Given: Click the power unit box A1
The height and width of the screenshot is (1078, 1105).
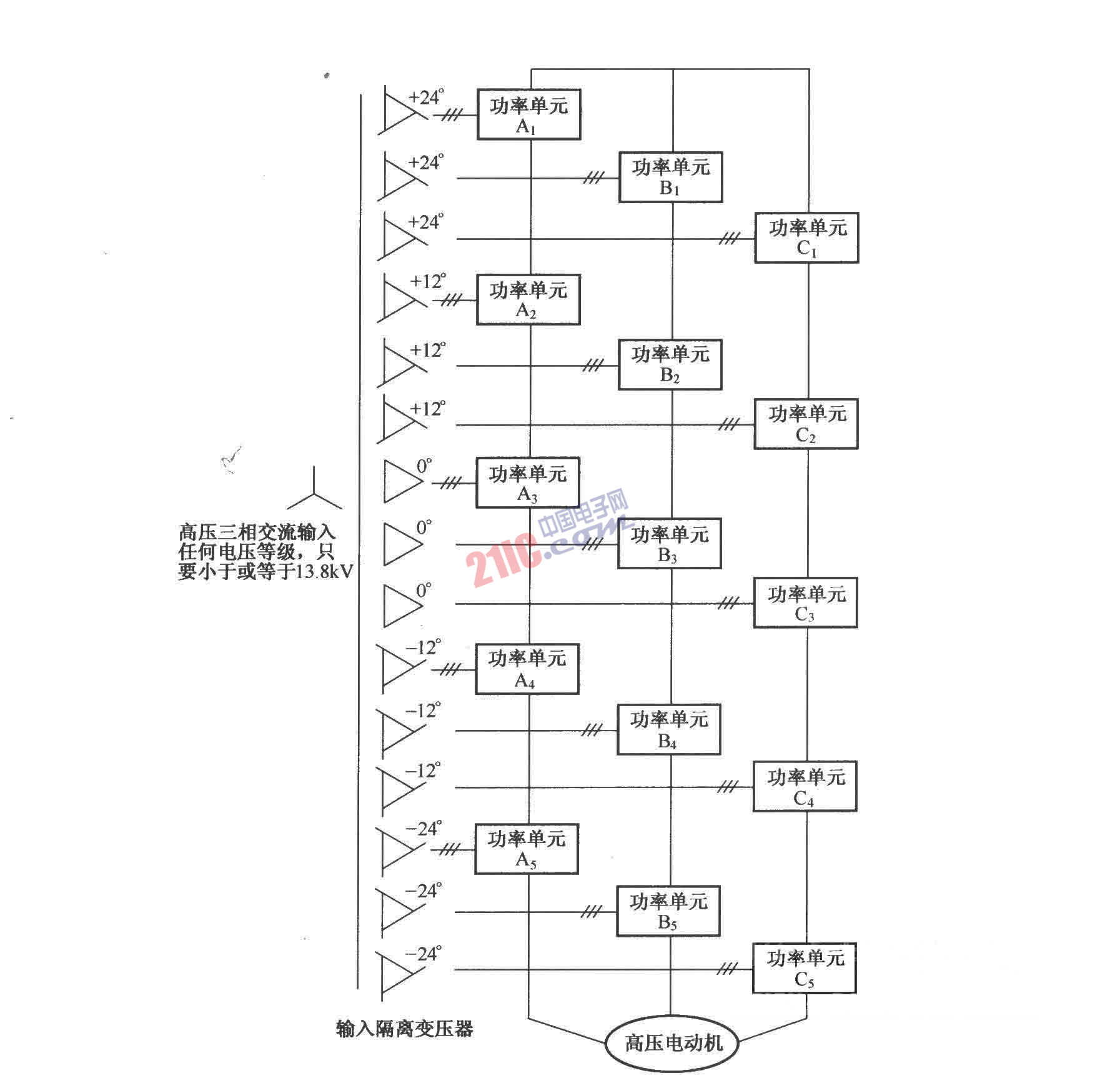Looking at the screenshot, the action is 529,114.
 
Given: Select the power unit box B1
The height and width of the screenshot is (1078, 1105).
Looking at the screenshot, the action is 670,177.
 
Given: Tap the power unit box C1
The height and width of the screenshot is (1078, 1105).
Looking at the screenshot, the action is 806,237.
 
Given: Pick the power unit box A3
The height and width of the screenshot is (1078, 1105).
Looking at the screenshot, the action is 528,482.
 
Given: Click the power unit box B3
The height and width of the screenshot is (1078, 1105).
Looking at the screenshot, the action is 669,543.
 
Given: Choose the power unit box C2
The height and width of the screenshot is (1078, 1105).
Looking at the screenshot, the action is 806,424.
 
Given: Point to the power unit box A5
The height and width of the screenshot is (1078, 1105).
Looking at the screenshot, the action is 527,849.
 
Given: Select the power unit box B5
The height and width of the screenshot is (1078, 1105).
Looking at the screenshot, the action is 668,911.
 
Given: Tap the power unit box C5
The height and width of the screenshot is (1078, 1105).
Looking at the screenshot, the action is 804,968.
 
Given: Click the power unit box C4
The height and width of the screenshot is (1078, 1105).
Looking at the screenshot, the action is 805,786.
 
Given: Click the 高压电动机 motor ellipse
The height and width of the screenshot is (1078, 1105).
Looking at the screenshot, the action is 672,1042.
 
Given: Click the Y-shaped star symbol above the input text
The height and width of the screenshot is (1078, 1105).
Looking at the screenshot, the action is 314,491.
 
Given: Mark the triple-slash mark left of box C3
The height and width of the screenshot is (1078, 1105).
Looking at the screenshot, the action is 728,604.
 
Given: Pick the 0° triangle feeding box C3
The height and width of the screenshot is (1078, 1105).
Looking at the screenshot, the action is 403,605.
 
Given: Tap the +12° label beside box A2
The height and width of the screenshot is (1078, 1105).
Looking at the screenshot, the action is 428,281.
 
